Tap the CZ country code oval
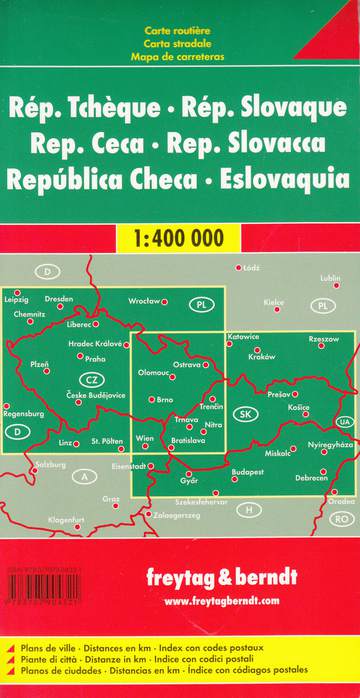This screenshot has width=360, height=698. click(91, 379)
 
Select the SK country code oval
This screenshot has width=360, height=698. click(244, 413)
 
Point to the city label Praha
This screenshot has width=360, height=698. click(96, 358)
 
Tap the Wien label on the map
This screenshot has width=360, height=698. click(145, 439)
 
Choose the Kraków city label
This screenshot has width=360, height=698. click(261, 357)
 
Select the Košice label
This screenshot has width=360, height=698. click(299, 408)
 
